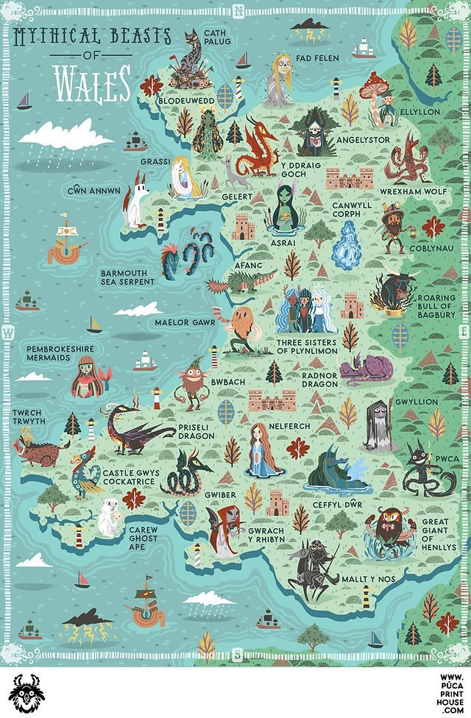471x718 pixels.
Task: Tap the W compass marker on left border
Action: pos(9,333)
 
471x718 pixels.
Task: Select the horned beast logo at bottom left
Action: pos(26,692)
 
